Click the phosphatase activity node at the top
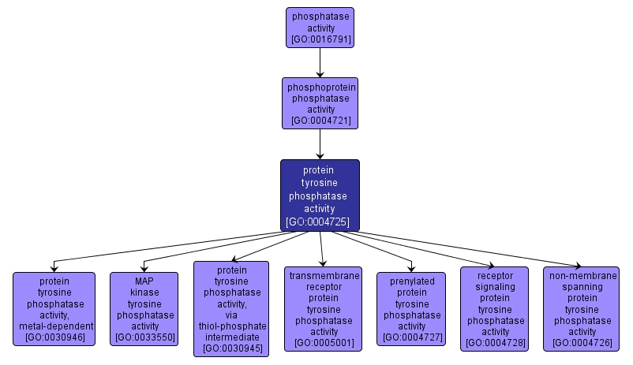pyautogui.click(x=320, y=27)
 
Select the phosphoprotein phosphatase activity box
pyautogui.click(x=320, y=103)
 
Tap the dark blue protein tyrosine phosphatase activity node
pyautogui.click(x=320, y=195)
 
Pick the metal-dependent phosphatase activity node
pyautogui.click(x=54, y=308)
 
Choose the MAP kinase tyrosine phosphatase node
pyautogui.click(x=144, y=308)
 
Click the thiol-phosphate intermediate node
pyautogui.click(x=231, y=308)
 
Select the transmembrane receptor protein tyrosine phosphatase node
pyautogui.click(x=324, y=308)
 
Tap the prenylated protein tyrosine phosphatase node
pyautogui.click(x=412, y=308)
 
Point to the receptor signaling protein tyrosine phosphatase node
pyautogui.click(x=496, y=308)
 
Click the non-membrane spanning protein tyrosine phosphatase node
pyautogui.click(x=582, y=308)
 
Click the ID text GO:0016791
pyautogui.click(x=320, y=39)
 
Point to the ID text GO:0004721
pyautogui.click(x=320, y=121)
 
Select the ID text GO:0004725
pyautogui.click(x=320, y=222)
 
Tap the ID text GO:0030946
pyautogui.click(x=54, y=337)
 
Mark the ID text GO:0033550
pyautogui.click(x=144, y=337)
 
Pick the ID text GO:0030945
pyautogui.click(x=231, y=348)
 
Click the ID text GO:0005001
pyautogui.click(x=324, y=343)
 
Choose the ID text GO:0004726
pyautogui.click(x=582, y=343)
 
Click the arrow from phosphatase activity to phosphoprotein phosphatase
pyautogui.click(x=320, y=61)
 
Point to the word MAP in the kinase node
pyautogui.click(x=144, y=280)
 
